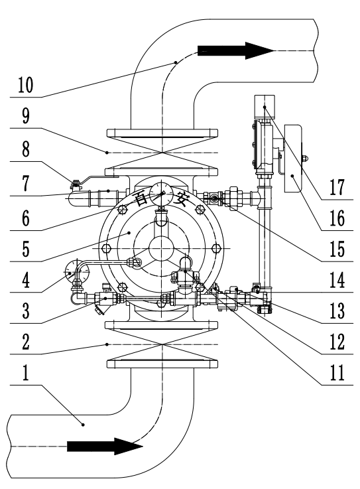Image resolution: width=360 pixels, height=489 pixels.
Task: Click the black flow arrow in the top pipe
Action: click(235, 50)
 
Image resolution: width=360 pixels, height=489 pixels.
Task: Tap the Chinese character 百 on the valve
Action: click(136, 198)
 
